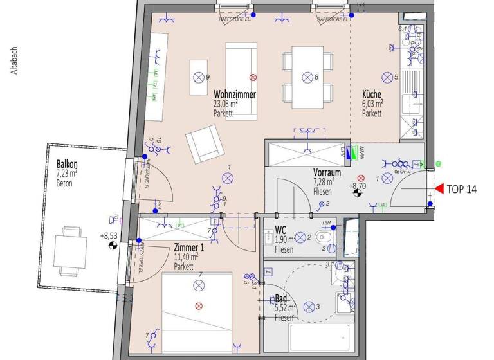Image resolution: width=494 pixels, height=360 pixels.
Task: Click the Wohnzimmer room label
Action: point(235,94)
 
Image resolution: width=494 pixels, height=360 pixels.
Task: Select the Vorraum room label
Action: point(327,173)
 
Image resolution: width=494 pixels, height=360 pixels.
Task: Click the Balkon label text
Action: point(66,163)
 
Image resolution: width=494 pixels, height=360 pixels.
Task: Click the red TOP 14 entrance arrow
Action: point(439,188)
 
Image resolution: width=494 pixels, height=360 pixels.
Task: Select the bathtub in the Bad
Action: point(320,338)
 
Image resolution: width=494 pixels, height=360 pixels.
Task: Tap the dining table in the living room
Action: point(307,78)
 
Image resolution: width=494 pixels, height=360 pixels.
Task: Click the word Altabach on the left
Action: point(14,62)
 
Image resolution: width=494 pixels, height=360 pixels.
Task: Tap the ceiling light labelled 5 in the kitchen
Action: point(387,78)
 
